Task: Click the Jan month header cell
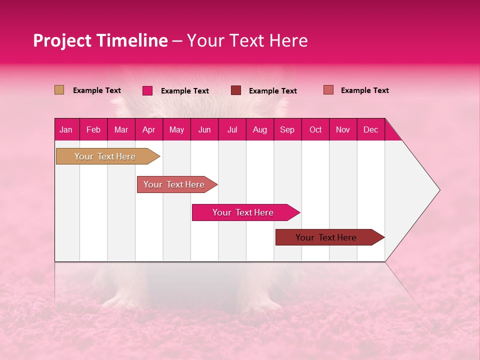point(66,129)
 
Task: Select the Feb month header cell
point(93,129)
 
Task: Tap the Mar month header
point(121,129)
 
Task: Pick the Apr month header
point(149,129)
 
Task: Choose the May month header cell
point(176,129)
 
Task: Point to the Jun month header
point(204,129)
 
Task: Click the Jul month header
point(232,129)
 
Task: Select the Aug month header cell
point(260,129)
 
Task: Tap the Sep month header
point(287,129)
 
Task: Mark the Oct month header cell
point(315,129)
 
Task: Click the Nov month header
point(343,129)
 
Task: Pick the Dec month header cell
point(371,129)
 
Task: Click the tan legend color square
point(59,90)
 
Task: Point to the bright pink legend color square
point(147,90)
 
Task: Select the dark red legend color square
point(236,90)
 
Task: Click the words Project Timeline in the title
point(100,40)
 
